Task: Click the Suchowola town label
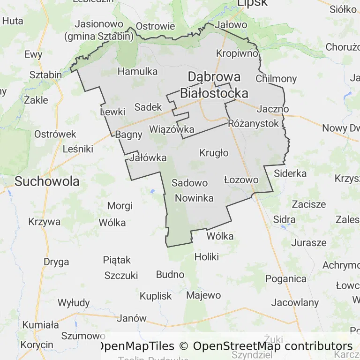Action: [x=47, y=181]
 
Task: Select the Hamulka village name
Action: [x=137, y=71]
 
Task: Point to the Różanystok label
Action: [x=253, y=123]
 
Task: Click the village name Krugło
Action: [x=214, y=153]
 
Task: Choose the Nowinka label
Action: [x=194, y=198]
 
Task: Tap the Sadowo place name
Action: [x=189, y=183]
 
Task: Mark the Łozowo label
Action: [x=241, y=180]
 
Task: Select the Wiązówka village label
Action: [x=172, y=129]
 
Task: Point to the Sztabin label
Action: [x=45, y=75]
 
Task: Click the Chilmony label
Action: [x=276, y=78]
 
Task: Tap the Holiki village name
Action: [x=207, y=256]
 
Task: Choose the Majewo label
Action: [x=203, y=295]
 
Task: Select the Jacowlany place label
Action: [x=295, y=302]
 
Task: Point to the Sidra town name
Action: [x=284, y=219]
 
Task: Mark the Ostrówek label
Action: [x=55, y=134]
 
